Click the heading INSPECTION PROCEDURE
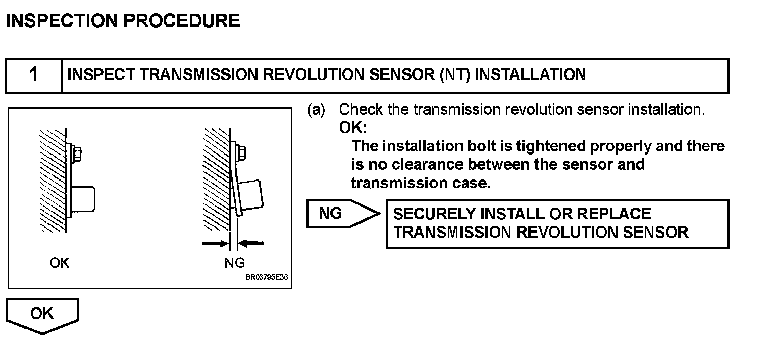123,21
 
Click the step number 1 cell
34,75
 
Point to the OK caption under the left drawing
60,263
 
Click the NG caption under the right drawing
235,263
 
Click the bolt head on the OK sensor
77,151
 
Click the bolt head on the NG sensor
241,151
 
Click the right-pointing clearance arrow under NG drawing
215,244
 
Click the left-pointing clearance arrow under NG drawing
252,244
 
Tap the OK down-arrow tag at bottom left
42,315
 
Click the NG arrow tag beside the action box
339,214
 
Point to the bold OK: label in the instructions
353,128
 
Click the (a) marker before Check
316,110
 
